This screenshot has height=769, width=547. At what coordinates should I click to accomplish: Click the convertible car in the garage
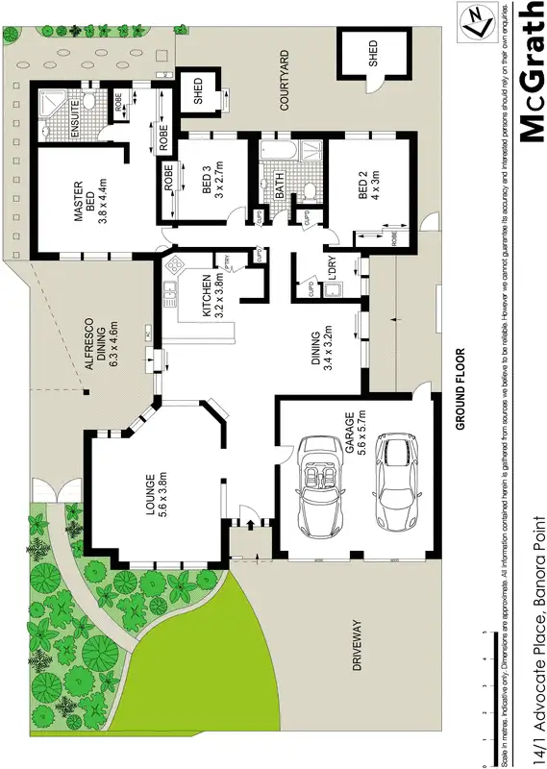pyautogui.click(x=323, y=486)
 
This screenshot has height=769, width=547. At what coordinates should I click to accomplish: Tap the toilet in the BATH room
pyautogui.click(x=308, y=188)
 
